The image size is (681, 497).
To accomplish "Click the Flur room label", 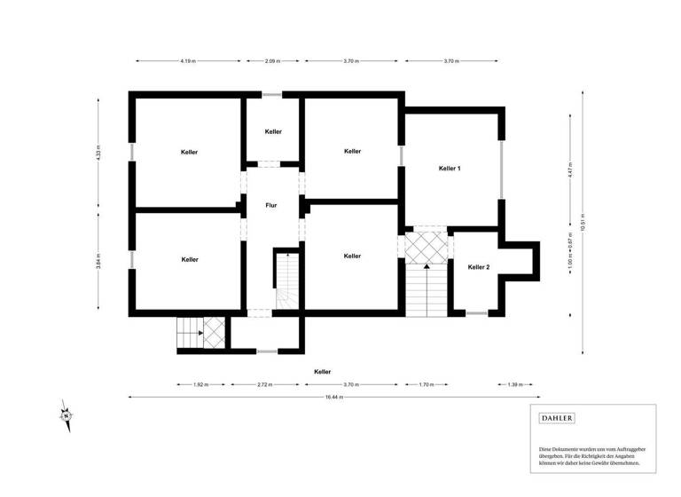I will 271,205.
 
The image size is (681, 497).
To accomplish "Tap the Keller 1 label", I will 450,168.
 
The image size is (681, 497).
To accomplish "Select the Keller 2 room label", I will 478,266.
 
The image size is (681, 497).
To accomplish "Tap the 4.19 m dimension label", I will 188,61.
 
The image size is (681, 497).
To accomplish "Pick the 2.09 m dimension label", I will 272,61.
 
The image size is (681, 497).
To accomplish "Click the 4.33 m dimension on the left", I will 99,152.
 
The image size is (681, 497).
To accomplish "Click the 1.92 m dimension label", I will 200,385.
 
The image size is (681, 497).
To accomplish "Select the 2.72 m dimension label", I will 264,385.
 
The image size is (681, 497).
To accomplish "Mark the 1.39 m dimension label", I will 514,385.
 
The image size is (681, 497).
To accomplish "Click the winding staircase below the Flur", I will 286,283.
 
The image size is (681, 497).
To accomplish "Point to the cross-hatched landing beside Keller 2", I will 425,247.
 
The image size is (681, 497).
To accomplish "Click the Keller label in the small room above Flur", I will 273,131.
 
